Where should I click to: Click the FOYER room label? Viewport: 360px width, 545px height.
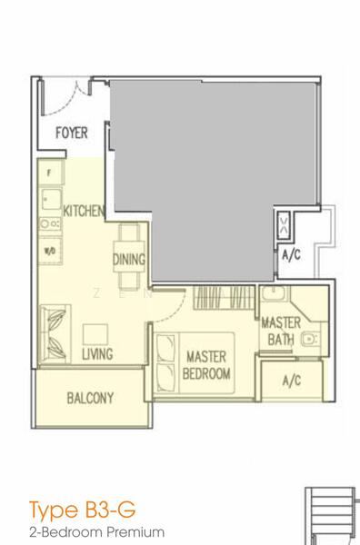[x=71, y=134]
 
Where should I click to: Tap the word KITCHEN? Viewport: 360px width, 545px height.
[x=84, y=211]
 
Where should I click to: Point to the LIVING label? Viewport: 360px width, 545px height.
[x=97, y=354]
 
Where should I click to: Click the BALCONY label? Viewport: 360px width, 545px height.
[x=89, y=398]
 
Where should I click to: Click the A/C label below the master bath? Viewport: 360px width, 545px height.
[x=292, y=380]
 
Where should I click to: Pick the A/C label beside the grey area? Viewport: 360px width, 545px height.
[x=291, y=255]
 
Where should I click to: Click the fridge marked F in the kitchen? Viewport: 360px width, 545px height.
[x=48, y=172]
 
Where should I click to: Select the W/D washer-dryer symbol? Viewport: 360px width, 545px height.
[x=47, y=250]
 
